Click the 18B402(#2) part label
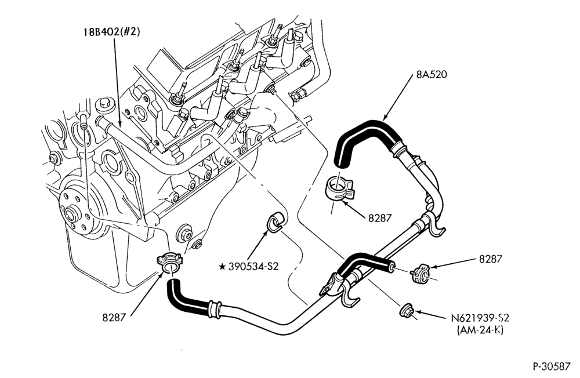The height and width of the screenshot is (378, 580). (x=111, y=32)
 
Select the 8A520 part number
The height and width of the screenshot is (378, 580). (x=432, y=74)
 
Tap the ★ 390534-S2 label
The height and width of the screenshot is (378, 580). (x=249, y=266)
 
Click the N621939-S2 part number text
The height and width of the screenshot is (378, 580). (x=480, y=318)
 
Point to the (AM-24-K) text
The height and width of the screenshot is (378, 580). (x=480, y=330)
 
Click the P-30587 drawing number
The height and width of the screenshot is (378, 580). (x=552, y=366)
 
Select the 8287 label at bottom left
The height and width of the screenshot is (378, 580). (x=114, y=317)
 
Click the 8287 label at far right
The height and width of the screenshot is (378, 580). (x=491, y=259)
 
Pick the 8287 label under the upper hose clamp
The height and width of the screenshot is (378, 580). (x=379, y=218)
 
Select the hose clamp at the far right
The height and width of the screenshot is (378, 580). (x=420, y=274)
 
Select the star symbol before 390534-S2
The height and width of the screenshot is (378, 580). (x=222, y=266)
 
